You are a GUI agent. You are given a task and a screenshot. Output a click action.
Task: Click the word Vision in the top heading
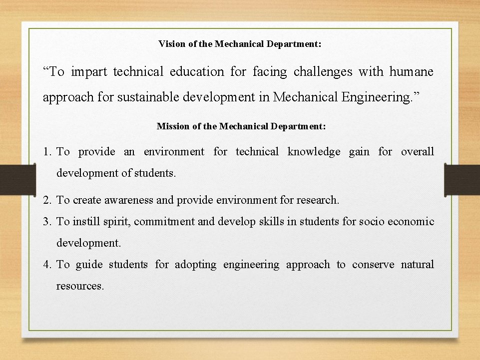pos(171,44)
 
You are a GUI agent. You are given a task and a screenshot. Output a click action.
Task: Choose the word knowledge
pos(314,152)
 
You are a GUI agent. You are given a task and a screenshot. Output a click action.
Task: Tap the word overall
pos(417,152)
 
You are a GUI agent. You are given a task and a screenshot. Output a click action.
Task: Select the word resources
pos(80,286)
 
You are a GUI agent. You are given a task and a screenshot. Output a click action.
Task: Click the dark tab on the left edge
pos(17,180)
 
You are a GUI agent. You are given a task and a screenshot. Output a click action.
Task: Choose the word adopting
pos(195,265)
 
